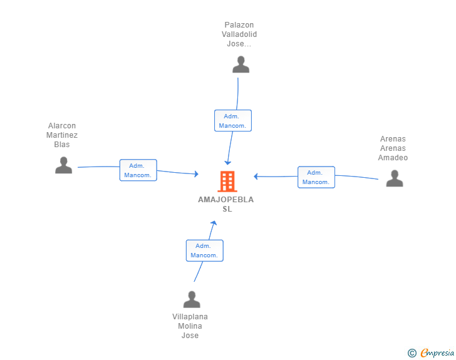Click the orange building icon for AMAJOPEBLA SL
click(227, 182)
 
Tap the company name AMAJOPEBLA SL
click(226, 204)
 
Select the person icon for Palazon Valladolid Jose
click(241, 64)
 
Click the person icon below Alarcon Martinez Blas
click(64, 165)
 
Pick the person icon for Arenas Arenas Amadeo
click(395, 178)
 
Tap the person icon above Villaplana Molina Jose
click(192, 299)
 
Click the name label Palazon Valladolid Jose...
click(239, 34)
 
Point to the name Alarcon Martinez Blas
click(62, 135)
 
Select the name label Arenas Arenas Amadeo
click(393, 148)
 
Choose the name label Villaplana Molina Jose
click(190, 326)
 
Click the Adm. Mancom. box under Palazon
click(233, 121)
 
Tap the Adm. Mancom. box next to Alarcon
click(138, 170)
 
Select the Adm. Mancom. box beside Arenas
click(316, 177)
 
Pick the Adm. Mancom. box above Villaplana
click(205, 250)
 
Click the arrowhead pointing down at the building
click(228, 163)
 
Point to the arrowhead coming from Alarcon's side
click(196, 174)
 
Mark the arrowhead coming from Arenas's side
click(256, 176)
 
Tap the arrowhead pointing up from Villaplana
click(214, 223)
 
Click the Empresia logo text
click(437, 353)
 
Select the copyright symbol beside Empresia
click(412, 353)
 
